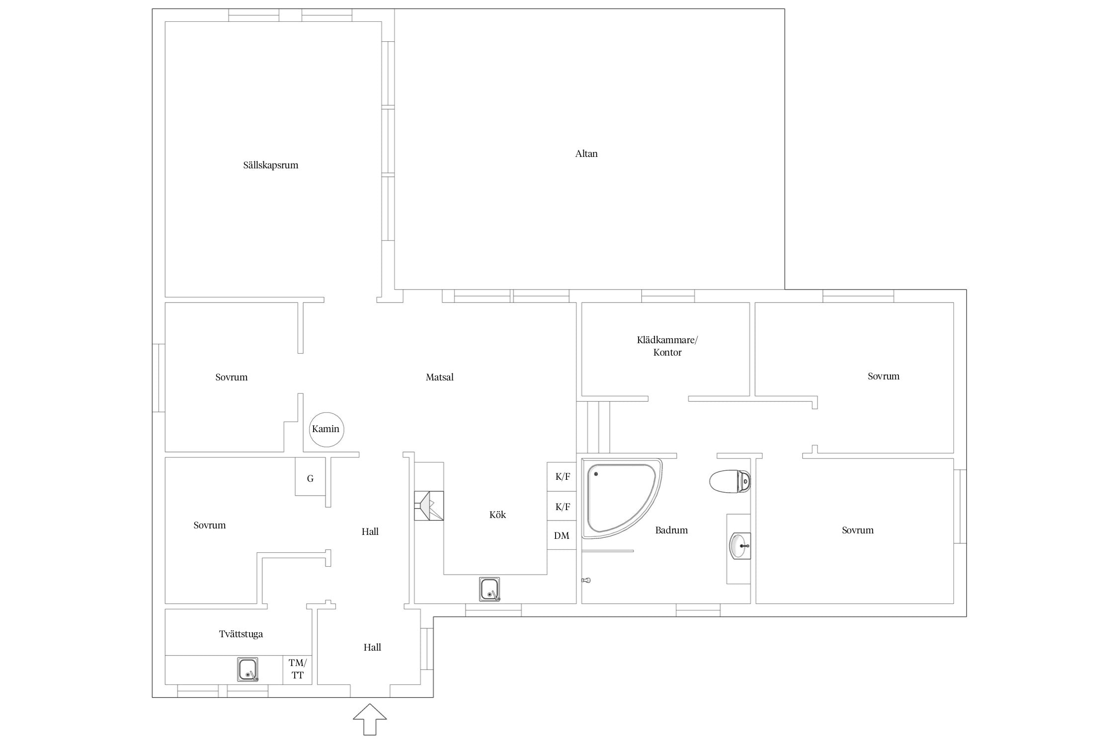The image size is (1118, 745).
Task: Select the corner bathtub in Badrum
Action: [622, 499]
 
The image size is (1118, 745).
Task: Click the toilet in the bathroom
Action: [729, 481]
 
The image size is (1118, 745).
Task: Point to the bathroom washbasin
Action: [740, 546]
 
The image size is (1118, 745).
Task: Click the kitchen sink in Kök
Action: [489, 589]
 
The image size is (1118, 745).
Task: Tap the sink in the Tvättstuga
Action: [247, 669]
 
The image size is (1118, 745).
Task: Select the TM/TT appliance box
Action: [298, 670]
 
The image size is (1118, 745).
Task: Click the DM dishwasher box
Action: [562, 535]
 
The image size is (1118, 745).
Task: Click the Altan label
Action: [586, 154]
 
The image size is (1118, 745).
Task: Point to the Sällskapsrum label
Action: [271, 165]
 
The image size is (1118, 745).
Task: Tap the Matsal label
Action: [440, 377]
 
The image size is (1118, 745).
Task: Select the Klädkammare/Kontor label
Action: [667, 346]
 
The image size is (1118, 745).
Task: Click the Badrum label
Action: [671, 530]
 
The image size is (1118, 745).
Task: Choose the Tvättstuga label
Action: [241, 634]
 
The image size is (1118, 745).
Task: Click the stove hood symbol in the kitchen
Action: [429, 506]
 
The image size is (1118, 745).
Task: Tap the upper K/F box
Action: [562, 477]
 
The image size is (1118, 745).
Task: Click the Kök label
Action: [497, 515]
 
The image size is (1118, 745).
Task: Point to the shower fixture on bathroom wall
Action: [586, 580]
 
